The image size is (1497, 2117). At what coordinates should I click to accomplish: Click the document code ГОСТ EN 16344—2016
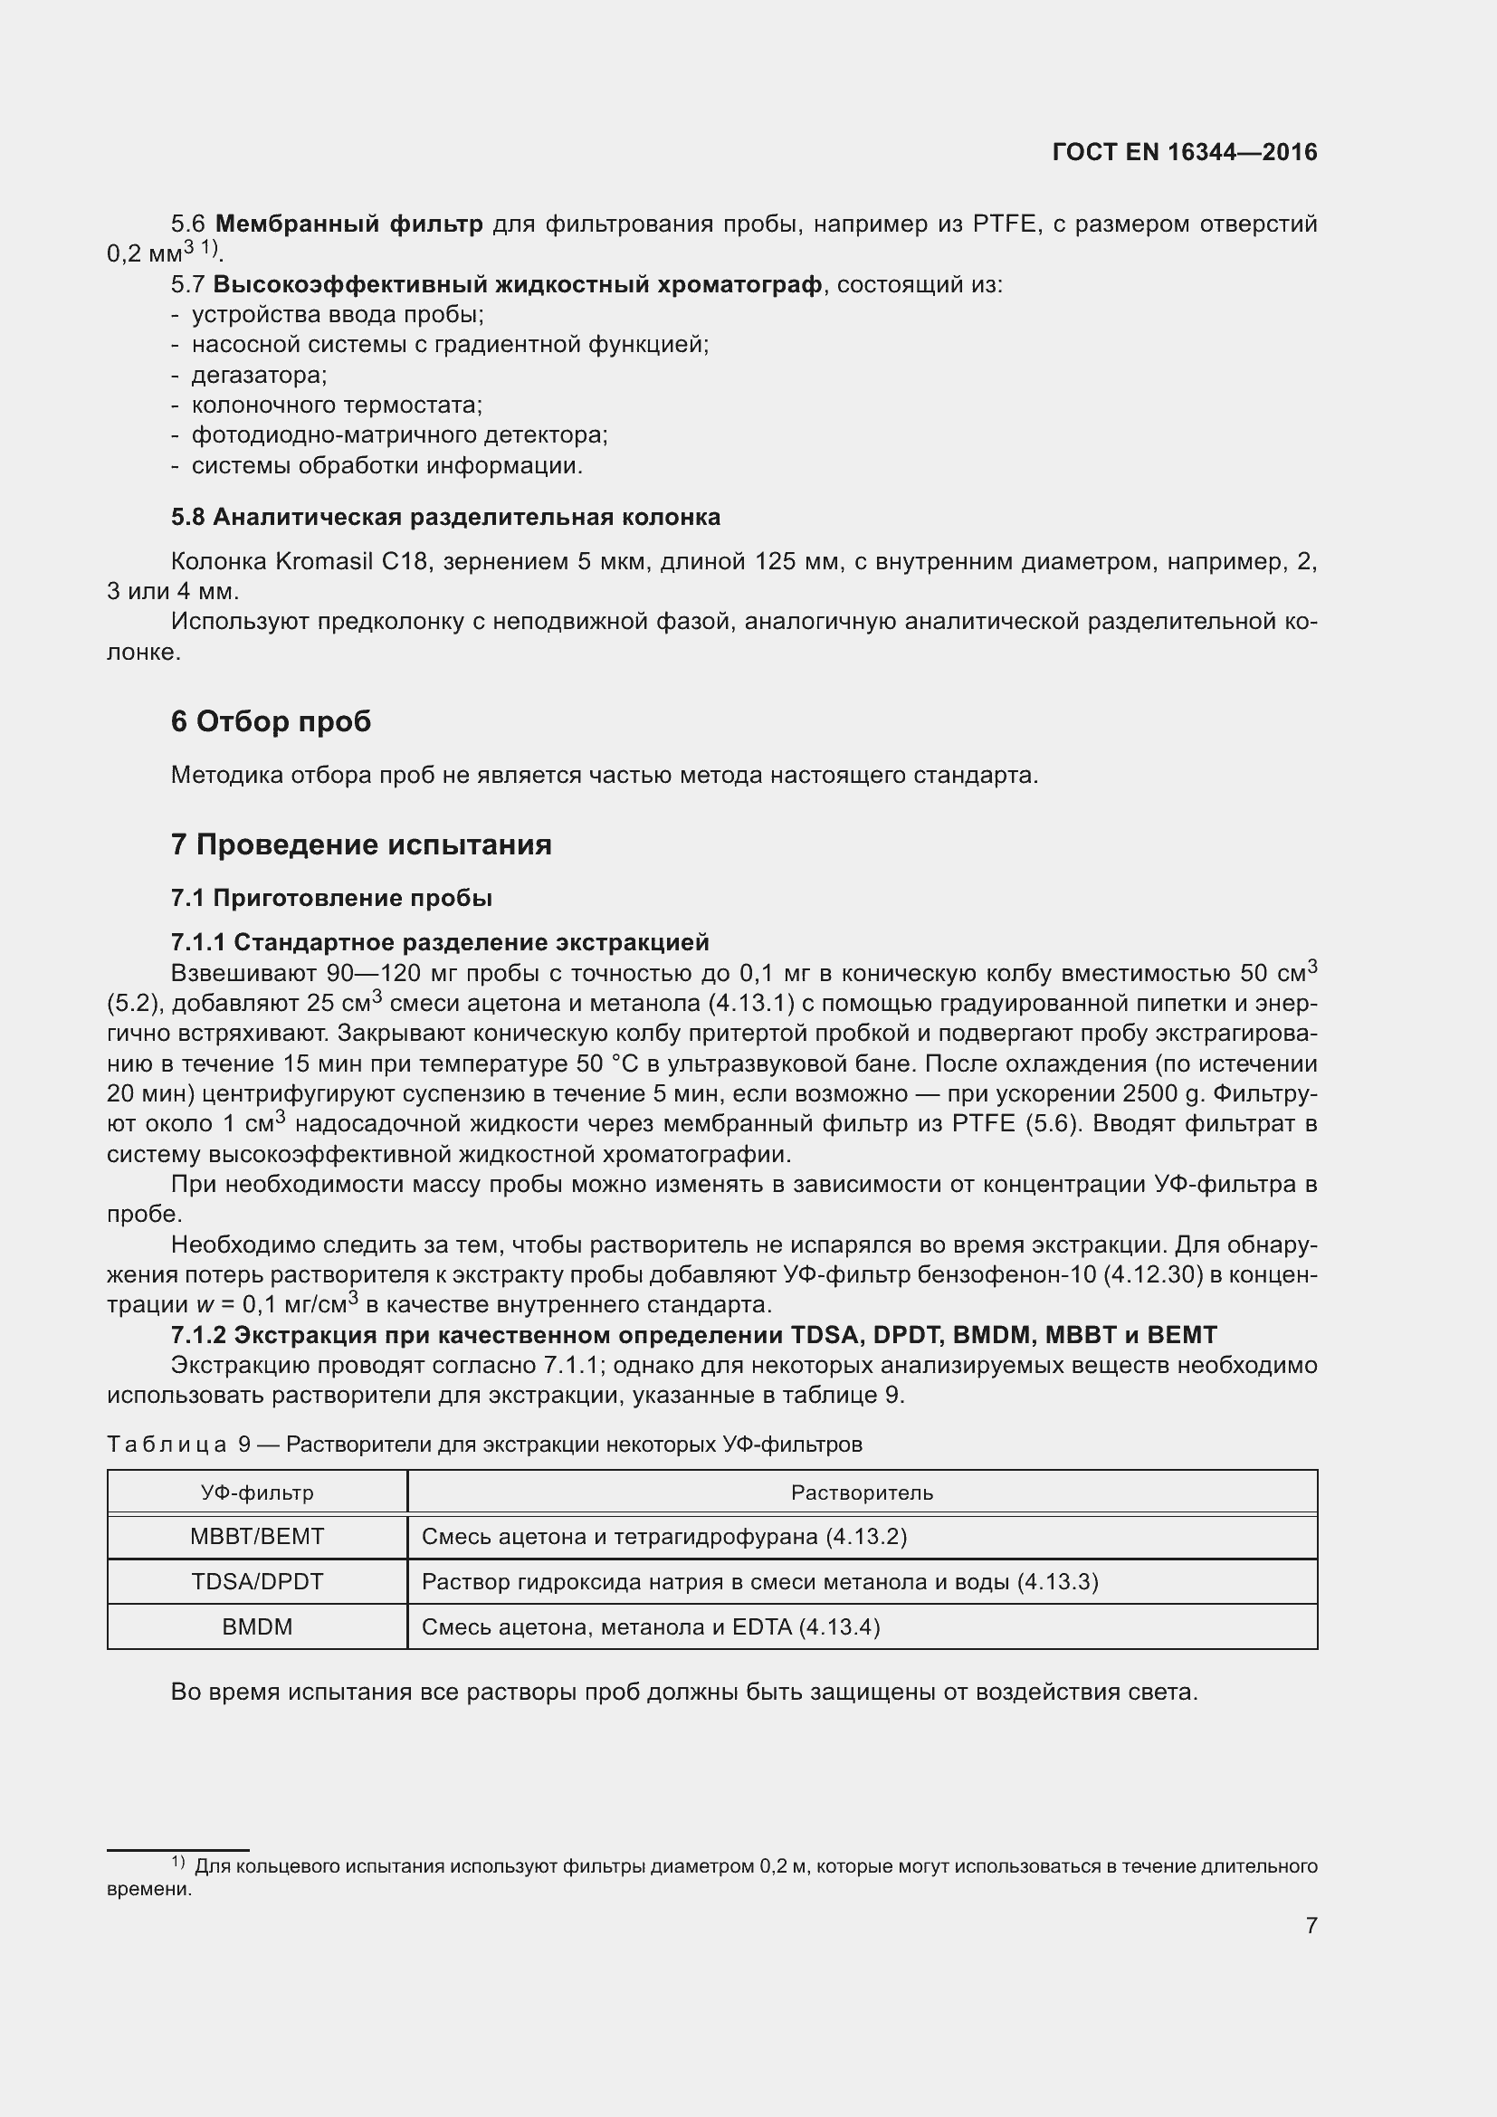coord(1184,152)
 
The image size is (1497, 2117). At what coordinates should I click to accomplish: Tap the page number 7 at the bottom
coord(1311,1924)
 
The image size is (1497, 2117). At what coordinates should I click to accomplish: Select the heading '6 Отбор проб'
coord(270,721)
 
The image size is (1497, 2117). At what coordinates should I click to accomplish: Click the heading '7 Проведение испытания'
coord(360,844)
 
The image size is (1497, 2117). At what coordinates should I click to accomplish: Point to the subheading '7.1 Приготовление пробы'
coord(331,898)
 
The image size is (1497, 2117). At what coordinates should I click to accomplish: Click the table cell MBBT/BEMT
coord(257,1536)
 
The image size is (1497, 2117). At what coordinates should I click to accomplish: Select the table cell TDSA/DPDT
coord(257,1581)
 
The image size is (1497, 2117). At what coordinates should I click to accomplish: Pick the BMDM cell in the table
coord(257,1626)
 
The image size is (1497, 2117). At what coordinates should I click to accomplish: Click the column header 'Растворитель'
coord(862,1492)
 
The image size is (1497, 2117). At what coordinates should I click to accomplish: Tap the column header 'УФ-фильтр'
coord(257,1492)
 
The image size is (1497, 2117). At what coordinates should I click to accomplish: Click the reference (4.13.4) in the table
coord(839,1626)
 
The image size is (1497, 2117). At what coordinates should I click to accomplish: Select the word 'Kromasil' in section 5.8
coord(321,561)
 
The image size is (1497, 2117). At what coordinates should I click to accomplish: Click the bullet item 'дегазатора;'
coord(259,376)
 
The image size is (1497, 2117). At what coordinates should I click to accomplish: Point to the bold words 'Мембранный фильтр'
coord(348,224)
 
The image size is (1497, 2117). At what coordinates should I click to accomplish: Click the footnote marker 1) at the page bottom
coord(178,1863)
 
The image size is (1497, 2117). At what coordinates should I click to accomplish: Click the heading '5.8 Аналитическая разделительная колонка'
coord(445,518)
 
